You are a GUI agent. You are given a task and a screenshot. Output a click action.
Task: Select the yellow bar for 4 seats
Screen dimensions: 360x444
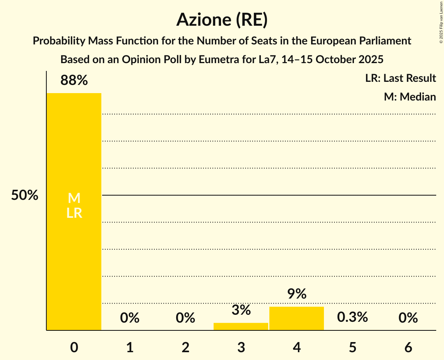[297, 318]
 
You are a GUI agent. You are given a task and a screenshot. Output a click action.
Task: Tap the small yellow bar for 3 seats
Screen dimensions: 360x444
[241, 326]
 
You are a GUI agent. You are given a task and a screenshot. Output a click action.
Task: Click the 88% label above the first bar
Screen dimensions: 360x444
[74, 81]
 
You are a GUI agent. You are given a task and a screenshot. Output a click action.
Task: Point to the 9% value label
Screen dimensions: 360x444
[297, 294]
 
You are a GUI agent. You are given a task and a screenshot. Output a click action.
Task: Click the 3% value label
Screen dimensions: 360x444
[241, 311]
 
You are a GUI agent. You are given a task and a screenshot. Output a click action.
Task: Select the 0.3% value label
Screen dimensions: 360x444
[352, 317]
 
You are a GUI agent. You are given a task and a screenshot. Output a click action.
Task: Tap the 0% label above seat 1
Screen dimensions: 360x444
[130, 318]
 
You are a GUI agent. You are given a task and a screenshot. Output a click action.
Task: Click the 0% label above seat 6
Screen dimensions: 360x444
[408, 318]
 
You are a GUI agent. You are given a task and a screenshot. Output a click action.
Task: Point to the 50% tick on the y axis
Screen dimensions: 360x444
[25, 196]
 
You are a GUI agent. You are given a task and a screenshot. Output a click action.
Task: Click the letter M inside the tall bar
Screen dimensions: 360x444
[74, 198]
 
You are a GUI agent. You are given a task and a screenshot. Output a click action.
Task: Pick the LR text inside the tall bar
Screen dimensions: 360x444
[74, 213]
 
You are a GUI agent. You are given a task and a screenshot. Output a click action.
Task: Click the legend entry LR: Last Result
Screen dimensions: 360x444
[400, 78]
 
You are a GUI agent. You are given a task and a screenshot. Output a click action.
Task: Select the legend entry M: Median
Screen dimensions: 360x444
[410, 97]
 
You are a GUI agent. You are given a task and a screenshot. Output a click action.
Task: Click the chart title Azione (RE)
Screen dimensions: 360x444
[222, 20]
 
